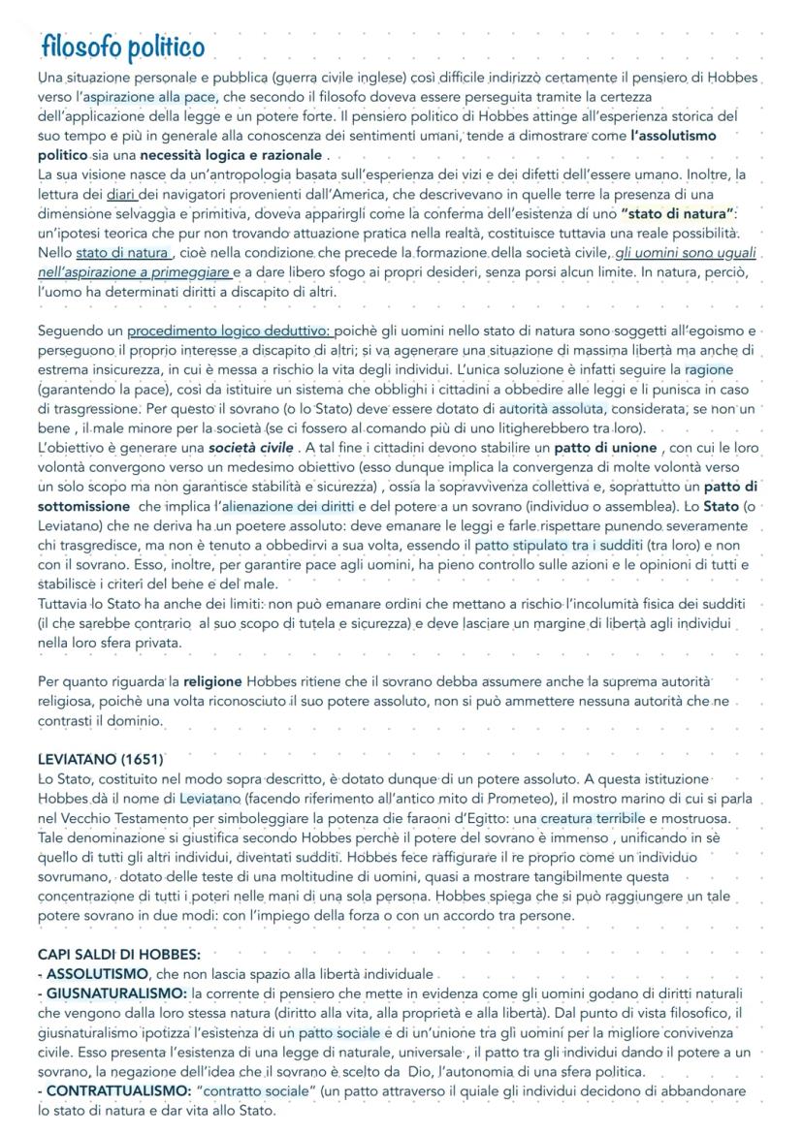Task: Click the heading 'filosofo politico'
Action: (x=122, y=47)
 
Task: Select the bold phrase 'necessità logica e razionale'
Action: (x=232, y=154)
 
